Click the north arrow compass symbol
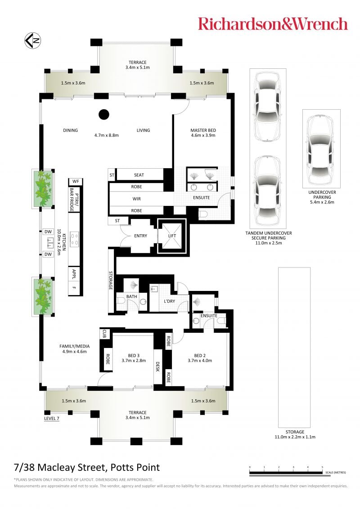33,41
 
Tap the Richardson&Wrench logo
273,24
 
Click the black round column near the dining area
104,114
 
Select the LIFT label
172,236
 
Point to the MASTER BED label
203,130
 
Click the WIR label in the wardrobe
136,199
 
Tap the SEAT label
139,175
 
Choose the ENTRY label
141,236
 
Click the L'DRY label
169,301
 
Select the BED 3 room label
134,356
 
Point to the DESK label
157,367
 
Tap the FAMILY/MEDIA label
74,346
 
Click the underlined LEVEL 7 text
52,419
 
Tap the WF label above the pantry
76,181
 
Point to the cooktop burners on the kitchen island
74,239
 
